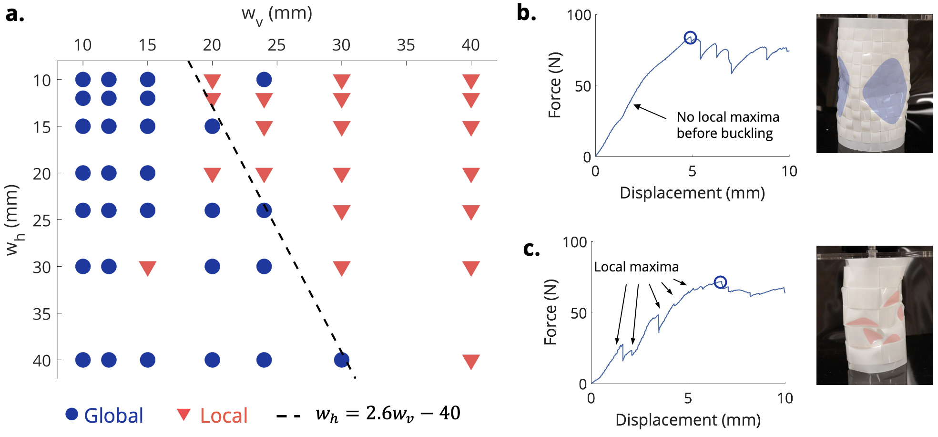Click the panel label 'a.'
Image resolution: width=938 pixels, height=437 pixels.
coord(15,14)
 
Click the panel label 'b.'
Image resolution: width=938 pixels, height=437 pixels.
coord(526,13)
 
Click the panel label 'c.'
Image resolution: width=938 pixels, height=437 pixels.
coord(531,249)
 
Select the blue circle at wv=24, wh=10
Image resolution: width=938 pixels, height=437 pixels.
coord(264,80)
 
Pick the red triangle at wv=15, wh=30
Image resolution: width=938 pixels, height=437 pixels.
coord(148,268)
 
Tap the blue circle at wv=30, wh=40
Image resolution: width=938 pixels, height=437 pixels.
coord(342,360)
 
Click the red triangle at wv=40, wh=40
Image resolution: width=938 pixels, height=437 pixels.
coord(471,361)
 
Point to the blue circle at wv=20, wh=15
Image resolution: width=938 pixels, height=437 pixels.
coord(212,126)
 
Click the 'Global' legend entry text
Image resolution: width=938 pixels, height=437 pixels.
coord(113,416)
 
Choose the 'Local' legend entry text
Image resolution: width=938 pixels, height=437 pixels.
coord(224,416)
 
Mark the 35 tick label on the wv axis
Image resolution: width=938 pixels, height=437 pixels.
coord(406,45)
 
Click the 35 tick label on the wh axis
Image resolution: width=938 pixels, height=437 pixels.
coord(41,314)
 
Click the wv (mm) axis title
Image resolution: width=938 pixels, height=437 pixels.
coord(276,14)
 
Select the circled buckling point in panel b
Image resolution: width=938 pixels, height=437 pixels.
coord(690,38)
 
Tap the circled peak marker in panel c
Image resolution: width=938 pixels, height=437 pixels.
coord(720,282)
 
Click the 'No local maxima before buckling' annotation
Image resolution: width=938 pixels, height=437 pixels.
coord(727,125)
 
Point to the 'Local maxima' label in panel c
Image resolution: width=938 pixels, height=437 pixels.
coord(636,267)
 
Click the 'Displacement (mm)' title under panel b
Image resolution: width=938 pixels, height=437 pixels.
coord(692,193)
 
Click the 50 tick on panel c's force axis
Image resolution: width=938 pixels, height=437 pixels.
coord(578,313)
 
